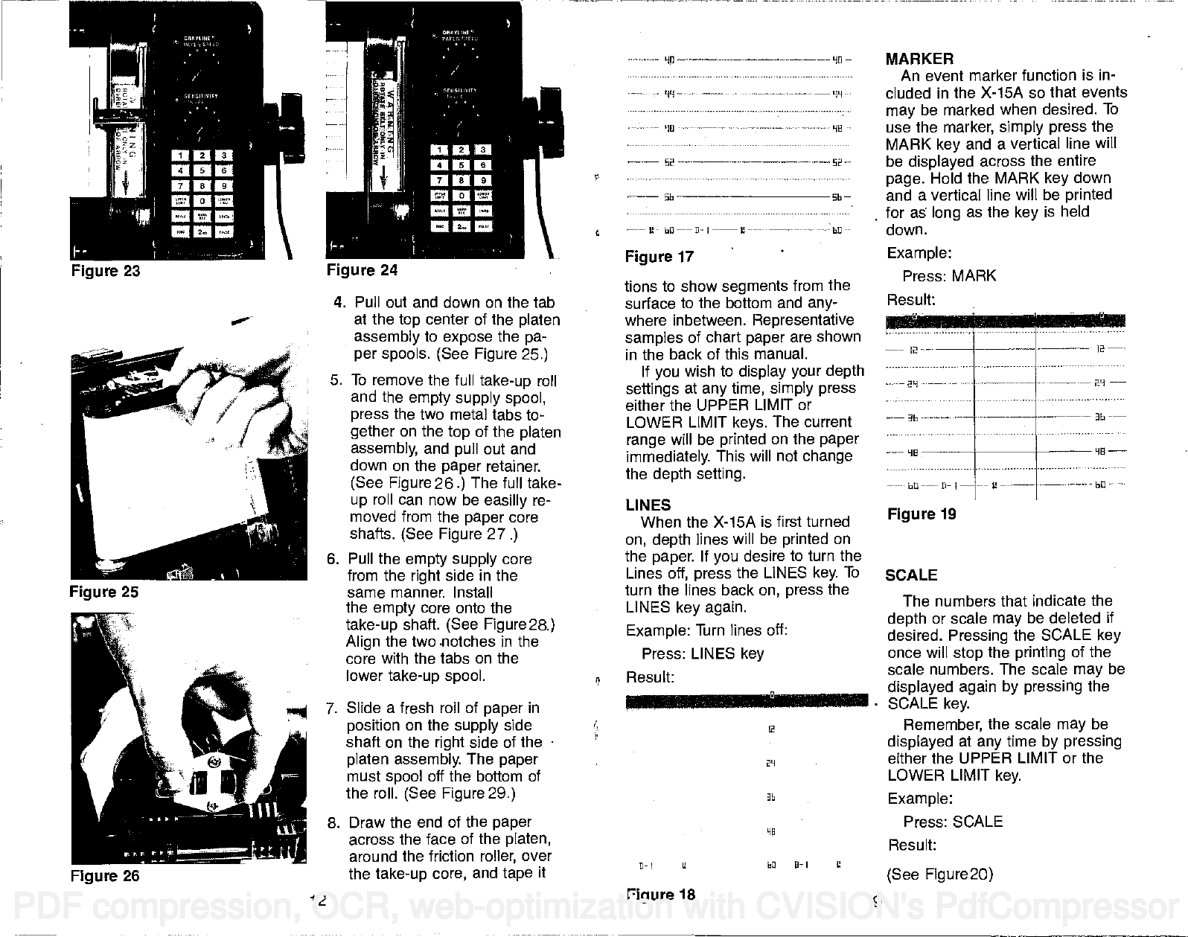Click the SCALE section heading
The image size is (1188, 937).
coord(912,575)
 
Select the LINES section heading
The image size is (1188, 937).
coord(648,505)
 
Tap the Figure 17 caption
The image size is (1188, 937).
coord(660,257)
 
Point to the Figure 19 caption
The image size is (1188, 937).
coord(921,514)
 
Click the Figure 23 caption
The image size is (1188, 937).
coord(105,270)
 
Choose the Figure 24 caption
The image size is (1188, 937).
coord(363,270)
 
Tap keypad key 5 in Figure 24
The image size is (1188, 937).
coord(462,165)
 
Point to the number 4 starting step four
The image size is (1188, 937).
coord(339,303)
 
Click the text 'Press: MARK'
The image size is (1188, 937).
coord(949,276)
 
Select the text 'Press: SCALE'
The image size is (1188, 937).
coord(953,822)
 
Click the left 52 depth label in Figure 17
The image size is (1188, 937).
coord(668,163)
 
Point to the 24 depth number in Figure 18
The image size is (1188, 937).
coord(771,763)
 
